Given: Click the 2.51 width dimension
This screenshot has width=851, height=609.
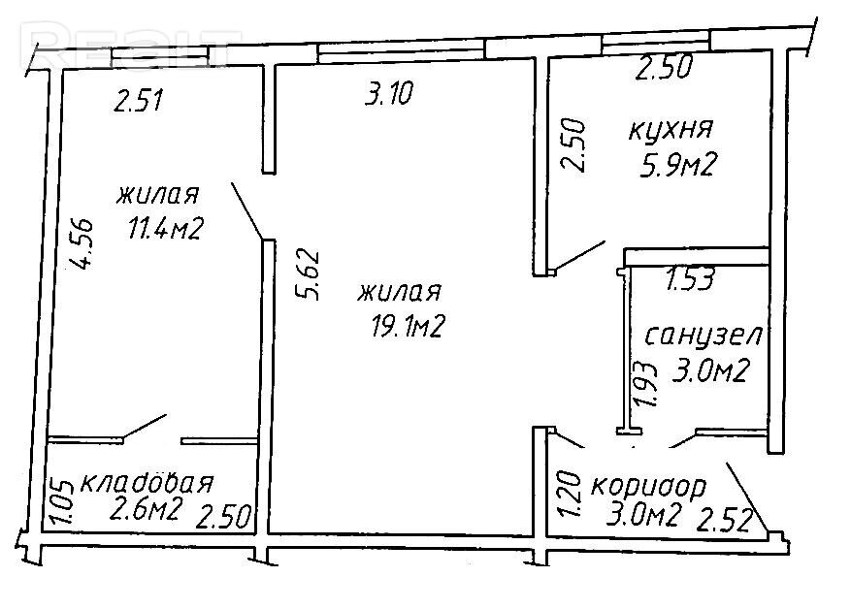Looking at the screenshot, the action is tap(138, 101).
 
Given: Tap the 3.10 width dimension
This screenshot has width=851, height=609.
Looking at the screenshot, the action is tap(388, 93).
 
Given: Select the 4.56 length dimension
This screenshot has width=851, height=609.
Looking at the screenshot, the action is tap(82, 243).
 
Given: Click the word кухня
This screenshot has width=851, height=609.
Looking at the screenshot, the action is tap(671, 130).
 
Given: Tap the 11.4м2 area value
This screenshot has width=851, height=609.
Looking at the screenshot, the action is tap(165, 228).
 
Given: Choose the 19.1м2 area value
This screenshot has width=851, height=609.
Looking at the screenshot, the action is tap(409, 327).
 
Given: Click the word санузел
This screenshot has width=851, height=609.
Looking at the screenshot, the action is tap(704, 337).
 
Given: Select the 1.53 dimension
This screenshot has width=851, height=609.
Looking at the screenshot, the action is tap(689, 279).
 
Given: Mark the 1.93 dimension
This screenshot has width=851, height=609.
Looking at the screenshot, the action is tap(646, 384).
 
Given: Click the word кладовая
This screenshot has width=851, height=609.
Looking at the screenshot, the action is tap(147, 482).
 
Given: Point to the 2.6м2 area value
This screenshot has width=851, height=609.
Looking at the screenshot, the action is tap(145, 510).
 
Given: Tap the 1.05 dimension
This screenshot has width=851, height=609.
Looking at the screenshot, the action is tap(62, 501).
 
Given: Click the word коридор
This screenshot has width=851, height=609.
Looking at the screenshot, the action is tap(648, 487).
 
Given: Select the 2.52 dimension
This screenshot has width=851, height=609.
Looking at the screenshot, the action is tap(725, 520).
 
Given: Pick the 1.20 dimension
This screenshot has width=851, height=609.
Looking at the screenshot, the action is tap(570, 494).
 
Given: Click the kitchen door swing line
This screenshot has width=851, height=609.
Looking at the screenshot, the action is tap(579, 255).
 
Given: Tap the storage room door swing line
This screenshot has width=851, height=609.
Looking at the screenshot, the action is tap(145, 427).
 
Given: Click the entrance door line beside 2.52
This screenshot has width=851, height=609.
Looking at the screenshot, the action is tap(747, 497).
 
